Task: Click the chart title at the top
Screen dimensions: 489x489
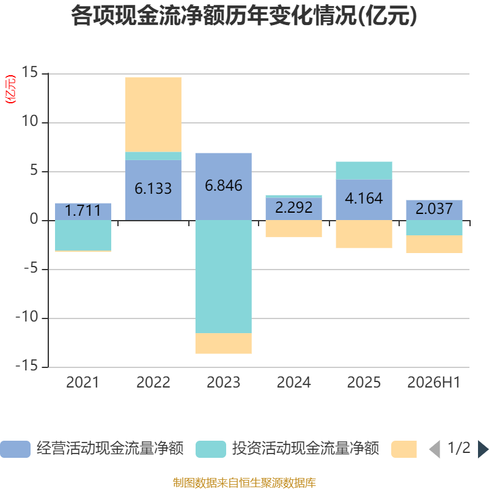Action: pyautogui.click(x=244, y=16)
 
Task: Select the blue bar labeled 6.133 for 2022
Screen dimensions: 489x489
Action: pyautogui.click(x=153, y=190)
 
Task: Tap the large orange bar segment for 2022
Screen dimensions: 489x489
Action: pyautogui.click(x=153, y=114)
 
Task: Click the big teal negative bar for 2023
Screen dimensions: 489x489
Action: pyautogui.click(x=223, y=277)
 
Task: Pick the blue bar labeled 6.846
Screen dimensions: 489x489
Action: pyautogui.click(x=223, y=186)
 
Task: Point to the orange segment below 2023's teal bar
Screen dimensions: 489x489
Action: pyautogui.click(x=223, y=344)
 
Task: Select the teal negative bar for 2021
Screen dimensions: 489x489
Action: pyautogui.click(x=83, y=235)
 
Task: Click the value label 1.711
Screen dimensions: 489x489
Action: pyautogui.click(x=83, y=210)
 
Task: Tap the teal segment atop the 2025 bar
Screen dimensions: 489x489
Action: pyautogui.click(x=364, y=171)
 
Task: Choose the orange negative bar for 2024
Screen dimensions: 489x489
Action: pyautogui.click(x=294, y=229)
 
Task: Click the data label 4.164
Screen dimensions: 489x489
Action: pyautogui.click(x=364, y=198)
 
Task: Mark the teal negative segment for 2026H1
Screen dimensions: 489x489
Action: pyautogui.click(x=434, y=228)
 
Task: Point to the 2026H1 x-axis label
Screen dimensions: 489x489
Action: pyautogui.click(x=434, y=383)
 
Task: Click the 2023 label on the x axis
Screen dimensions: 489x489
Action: pyautogui.click(x=223, y=383)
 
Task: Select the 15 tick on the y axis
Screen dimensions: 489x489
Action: pyautogui.click(x=29, y=72)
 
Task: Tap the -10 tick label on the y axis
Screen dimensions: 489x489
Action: pyautogui.click(x=27, y=317)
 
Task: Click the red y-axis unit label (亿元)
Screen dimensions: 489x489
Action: pyautogui.click(x=10, y=89)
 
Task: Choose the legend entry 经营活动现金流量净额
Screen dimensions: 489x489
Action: pyautogui.click(x=92, y=449)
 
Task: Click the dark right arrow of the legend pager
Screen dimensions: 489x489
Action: pyautogui.click(x=483, y=449)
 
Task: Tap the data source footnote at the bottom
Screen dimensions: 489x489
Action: pyautogui.click(x=244, y=482)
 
